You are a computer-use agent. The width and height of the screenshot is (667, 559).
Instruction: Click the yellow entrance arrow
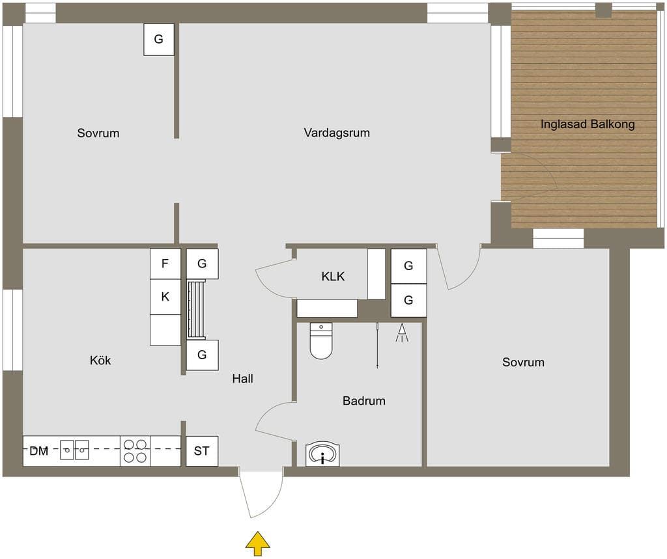[x=257, y=543]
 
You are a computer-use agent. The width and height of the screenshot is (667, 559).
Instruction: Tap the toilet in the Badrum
[x=320, y=341]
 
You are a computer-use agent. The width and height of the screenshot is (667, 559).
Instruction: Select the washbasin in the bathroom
[x=322, y=454]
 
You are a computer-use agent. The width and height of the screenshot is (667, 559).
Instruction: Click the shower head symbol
[x=402, y=333]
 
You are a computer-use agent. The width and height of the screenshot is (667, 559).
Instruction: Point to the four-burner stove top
[x=135, y=451]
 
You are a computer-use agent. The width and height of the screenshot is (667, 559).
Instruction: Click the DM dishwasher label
[x=38, y=451]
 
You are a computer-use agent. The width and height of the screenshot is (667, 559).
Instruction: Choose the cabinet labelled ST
[x=202, y=451]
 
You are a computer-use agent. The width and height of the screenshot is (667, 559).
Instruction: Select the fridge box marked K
[x=165, y=297]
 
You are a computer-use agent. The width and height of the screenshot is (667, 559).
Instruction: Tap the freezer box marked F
[x=165, y=264]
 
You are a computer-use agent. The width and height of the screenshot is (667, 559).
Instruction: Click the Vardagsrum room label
[x=337, y=133]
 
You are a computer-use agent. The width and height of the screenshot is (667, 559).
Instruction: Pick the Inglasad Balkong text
[x=588, y=124]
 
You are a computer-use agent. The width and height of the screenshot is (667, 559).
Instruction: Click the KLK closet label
[x=333, y=277]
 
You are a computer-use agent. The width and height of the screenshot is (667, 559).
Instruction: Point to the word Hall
[x=242, y=378]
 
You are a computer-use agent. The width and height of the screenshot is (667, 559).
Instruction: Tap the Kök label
[x=100, y=360]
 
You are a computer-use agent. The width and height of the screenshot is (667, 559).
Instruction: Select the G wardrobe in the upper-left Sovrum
[x=159, y=39]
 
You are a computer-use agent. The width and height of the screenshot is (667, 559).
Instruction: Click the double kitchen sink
[x=74, y=450]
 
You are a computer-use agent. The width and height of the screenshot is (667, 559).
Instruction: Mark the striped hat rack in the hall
[x=196, y=310]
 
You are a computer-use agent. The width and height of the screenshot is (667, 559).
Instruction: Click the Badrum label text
[x=364, y=400]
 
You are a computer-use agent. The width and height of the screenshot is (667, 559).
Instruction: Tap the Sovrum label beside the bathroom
[x=523, y=362]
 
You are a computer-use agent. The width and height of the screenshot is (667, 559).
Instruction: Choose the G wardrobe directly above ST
[x=203, y=355]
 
